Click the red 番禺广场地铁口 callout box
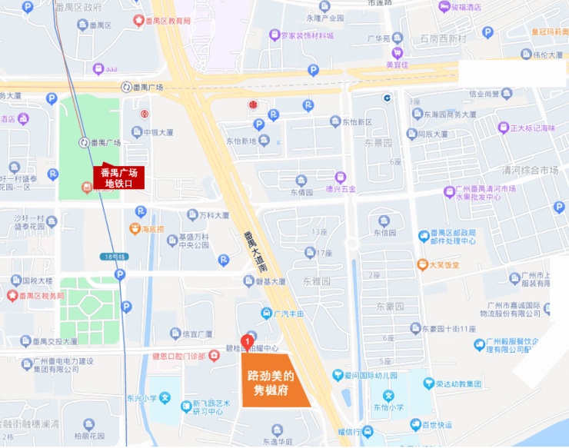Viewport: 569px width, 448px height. coord(118,178)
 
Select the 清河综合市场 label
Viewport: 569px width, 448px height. coord(527,170)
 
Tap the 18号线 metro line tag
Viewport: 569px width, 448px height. coord(112,256)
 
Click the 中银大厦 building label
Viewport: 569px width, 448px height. coord(159,132)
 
